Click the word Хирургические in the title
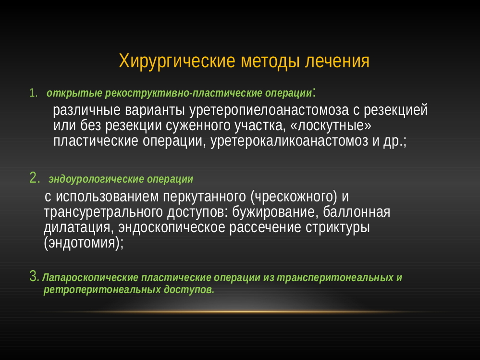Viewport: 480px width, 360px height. click(x=177, y=61)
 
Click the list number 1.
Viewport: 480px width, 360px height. click(x=33, y=93)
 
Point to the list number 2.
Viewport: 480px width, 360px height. click(x=35, y=177)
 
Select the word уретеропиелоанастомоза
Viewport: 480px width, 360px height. click(x=269, y=110)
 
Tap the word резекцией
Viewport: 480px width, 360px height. click(x=395, y=110)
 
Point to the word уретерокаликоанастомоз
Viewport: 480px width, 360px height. click(x=289, y=141)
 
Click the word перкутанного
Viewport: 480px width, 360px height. click(x=205, y=197)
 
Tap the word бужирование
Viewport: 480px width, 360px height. click(x=273, y=212)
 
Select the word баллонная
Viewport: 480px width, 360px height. click(x=357, y=212)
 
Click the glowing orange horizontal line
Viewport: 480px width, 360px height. click(x=240, y=312)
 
